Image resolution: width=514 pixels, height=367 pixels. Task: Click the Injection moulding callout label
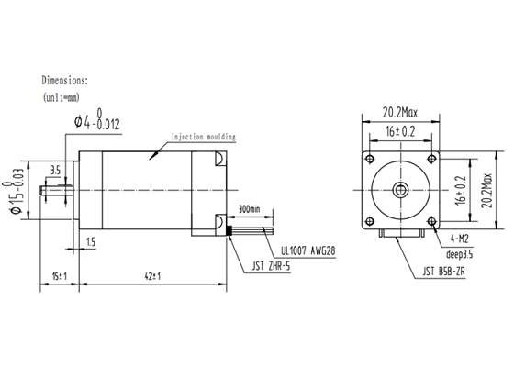pyautogui.click(x=199, y=137)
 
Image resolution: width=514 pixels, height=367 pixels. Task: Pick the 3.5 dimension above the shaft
pyautogui.click(x=55, y=170)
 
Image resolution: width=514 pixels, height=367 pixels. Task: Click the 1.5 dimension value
pyautogui.click(x=90, y=240)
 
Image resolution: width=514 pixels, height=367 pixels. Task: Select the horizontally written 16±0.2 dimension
pyautogui.click(x=401, y=131)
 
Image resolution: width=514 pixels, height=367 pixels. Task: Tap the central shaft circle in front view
pyautogui.click(x=401, y=188)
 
